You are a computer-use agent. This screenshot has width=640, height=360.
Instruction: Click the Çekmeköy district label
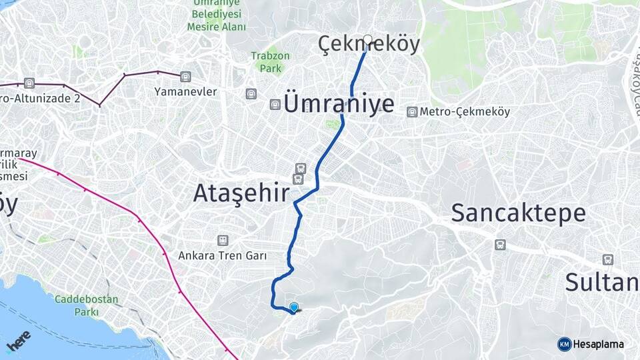pos(369,44)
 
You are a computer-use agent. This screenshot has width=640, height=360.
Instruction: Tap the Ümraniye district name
pos(339,104)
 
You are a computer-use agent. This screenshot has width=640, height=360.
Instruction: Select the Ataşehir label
pos(241,193)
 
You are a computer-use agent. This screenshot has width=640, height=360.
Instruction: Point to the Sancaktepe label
pos(518,213)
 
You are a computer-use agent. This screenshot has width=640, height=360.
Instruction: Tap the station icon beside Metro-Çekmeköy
pos(413,112)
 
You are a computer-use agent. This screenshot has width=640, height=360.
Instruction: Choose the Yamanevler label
pos(185,91)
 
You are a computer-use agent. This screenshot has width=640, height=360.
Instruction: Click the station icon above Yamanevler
pos(185,76)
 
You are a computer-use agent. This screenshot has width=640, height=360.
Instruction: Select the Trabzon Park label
pos(271,62)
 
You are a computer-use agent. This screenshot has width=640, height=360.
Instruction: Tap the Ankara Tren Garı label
pos(223,255)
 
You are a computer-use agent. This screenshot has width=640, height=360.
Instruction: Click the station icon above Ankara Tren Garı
pos(223,240)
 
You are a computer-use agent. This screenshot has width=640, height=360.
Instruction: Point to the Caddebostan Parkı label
pos(87,305)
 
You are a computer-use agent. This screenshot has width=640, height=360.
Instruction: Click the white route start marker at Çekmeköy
pos(367,39)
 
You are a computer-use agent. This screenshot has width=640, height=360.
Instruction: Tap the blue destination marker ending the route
pos(293,307)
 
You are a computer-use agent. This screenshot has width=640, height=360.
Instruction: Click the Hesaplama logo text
pos(598,344)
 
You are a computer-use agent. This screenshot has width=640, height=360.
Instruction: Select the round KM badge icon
pos(564,344)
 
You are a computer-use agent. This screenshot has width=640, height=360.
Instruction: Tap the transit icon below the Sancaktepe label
pos(500,245)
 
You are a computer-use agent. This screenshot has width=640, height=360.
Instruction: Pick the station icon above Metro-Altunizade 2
pos(29,83)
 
